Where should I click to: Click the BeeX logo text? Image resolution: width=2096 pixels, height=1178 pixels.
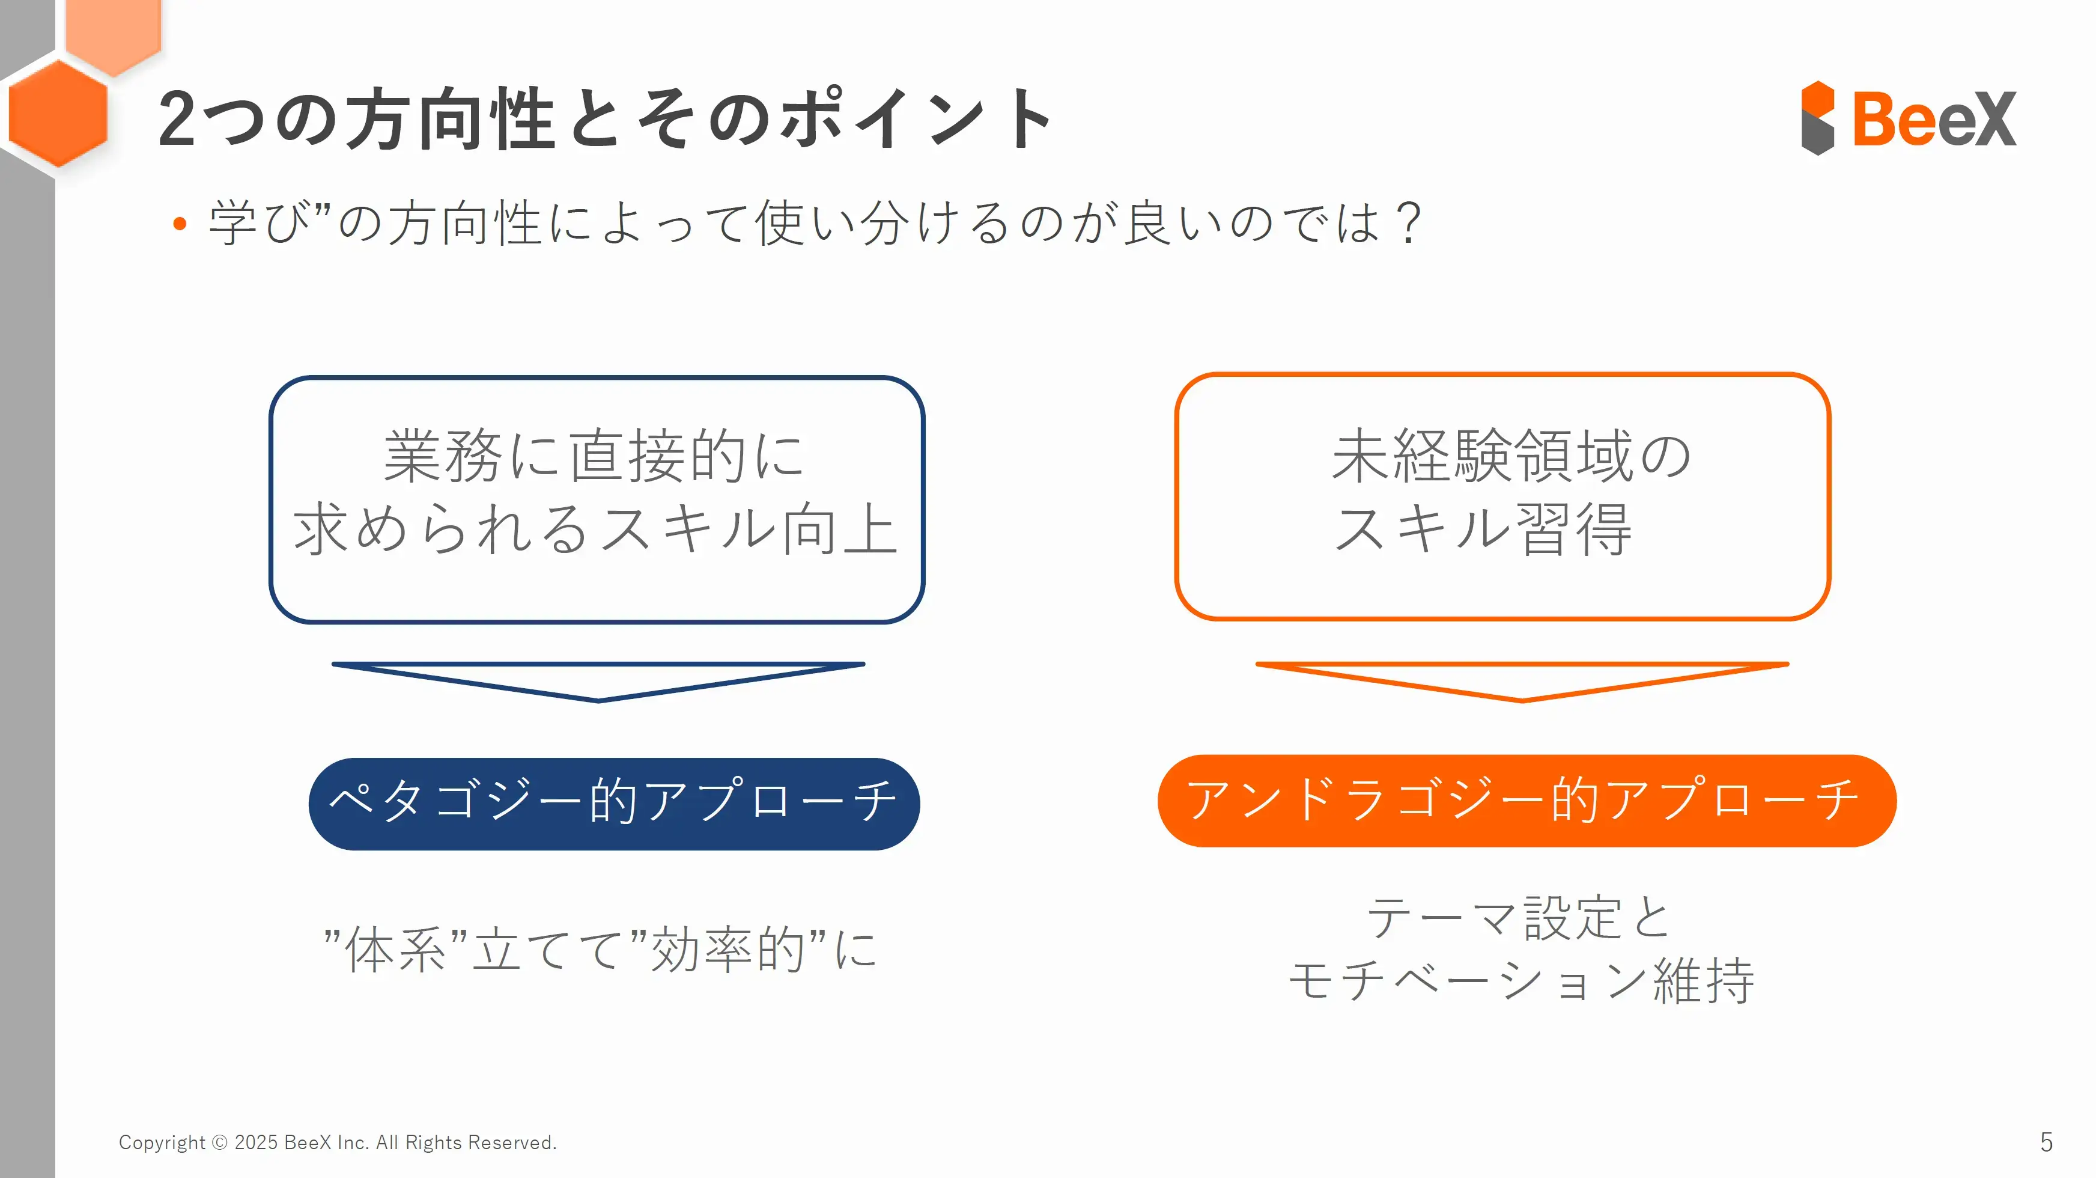coord(1934,119)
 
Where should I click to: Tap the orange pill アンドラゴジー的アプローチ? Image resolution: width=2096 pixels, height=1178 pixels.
coord(1526,801)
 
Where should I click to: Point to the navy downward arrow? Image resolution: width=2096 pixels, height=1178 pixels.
coord(598,682)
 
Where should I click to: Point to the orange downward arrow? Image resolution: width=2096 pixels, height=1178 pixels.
coord(1522,682)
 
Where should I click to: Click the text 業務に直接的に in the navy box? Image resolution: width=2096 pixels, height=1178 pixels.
coord(595,456)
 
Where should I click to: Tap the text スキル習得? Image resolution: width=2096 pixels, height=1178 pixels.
coord(1483,528)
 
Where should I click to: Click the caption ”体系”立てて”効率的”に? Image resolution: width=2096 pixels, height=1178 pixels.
coord(600,949)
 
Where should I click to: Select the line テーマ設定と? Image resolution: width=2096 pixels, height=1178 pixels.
coord(1518,918)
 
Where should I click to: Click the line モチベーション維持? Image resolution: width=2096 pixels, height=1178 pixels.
coord(1522,980)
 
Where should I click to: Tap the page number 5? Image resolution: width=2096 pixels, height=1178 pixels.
coord(2046,1142)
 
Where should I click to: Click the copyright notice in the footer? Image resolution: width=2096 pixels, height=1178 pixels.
coord(338,1142)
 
